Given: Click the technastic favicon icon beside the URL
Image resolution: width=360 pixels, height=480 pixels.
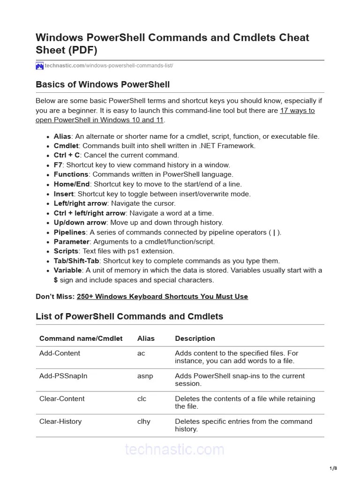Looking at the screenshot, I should pyautogui.click(x=40, y=66).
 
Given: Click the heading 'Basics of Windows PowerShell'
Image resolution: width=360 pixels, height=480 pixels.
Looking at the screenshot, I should pyautogui.click(x=103, y=85).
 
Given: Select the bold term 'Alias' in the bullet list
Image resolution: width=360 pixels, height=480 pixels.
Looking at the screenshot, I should pyautogui.click(x=62, y=136).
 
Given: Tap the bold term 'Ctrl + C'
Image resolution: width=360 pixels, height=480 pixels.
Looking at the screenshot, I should pyautogui.click(x=67, y=155).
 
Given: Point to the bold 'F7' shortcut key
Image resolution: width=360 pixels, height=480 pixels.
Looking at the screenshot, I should pyautogui.click(x=58, y=165).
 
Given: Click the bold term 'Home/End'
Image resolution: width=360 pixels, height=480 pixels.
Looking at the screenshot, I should pyautogui.click(x=72, y=184).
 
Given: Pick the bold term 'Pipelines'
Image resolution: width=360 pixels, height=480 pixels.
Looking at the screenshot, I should pyautogui.click(x=69, y=232).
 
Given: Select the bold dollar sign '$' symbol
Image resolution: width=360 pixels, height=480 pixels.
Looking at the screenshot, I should pyautogui.click(x=56, y=280).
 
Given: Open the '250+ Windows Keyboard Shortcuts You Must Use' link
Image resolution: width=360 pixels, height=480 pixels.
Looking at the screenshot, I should pyautogui.click(x=162, y=297).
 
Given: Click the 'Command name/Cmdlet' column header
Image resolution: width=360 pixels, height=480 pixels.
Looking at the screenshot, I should pyautogui.click(x=81, y=338).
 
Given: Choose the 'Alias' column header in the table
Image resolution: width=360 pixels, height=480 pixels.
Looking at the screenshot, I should pyautogui.click(x=146, y=338).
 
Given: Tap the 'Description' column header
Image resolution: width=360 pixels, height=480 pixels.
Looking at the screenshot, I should pyautogui.click(x=195, y=338).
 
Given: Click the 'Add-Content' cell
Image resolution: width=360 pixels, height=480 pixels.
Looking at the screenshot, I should pyautogui.click(x=60, y=353).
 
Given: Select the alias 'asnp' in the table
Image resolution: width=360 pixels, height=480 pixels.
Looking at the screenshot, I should pyautogui.click(x=145, y=376).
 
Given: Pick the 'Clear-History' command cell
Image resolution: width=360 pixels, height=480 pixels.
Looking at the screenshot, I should pyautogui.click(x=60, y=421).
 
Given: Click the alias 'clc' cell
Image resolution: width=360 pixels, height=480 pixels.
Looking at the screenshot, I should pyautogui.click(x=142, y=399).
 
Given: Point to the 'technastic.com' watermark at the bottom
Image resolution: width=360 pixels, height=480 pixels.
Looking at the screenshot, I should pyautogui.click(x=174, y=450).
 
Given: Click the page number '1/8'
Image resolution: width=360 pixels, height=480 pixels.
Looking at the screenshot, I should pyautogui.click(x=333, y=468).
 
